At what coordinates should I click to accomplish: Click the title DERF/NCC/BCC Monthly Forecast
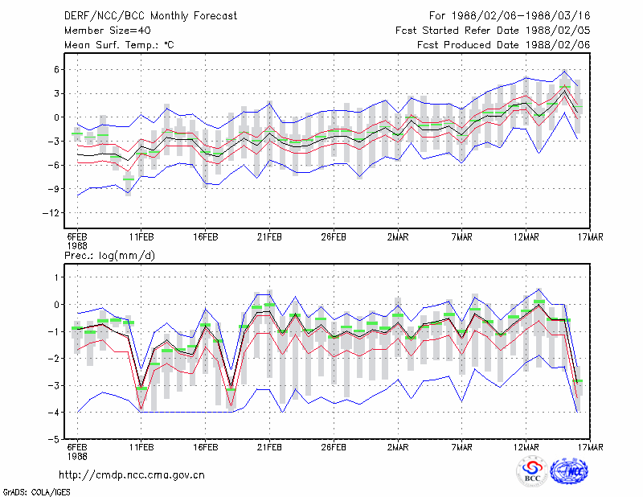click(150, 16)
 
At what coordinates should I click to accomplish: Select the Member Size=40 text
click(108, 31)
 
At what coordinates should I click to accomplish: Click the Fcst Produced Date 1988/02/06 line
click(504, 45)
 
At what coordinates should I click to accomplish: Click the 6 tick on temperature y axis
click(56, 70)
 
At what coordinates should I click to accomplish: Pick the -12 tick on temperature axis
click(51, 213)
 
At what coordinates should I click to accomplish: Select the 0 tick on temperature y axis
click(56, 117)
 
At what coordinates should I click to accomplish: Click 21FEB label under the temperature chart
click(269, 237)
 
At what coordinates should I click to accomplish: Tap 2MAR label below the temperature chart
click(398, 237)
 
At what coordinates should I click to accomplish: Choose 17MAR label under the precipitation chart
click(591, 447)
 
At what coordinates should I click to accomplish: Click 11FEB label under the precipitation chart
click(141, 447)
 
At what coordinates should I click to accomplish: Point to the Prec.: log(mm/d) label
click(109, 256)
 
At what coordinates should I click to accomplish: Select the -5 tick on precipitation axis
click(54, 440)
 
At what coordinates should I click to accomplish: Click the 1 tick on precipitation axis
click(56, 277)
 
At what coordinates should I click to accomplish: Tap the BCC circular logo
click(532, 472)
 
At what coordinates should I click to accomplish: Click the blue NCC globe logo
click(570, 472)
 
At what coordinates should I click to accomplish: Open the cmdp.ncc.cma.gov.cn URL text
click(132, 475)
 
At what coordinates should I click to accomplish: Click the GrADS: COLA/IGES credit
click(37, 492)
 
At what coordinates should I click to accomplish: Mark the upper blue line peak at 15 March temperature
click(565, 71)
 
